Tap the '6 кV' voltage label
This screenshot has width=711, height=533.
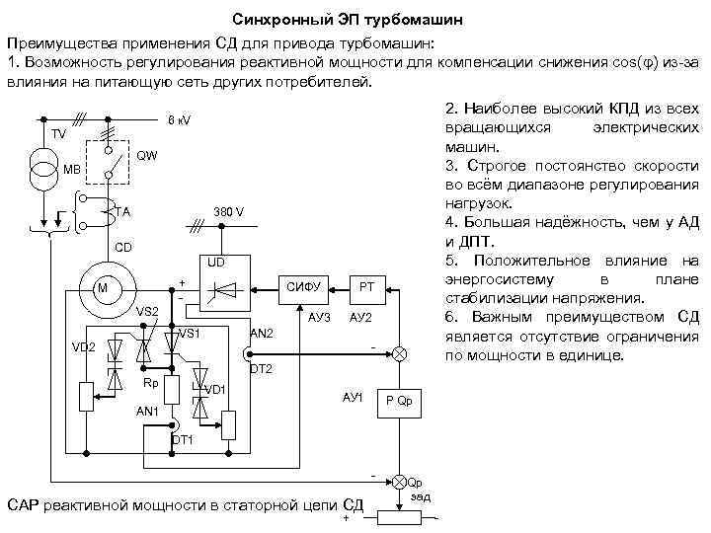click(x=179, y=120)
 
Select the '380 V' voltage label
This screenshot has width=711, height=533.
click(x=230, y=212)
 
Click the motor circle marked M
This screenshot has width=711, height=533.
click(x=100, y=287)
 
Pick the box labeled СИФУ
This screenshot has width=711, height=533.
click(x=306, y=286)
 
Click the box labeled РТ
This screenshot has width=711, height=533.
click(x=365, y=286)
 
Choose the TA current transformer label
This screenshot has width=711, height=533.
click(x=121, y=211)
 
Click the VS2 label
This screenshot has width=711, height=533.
click(x=147, y=312)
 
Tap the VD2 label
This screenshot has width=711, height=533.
click(x=83, y=348)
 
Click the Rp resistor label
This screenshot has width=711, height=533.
click(x=150, y=382)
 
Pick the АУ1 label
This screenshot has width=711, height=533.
click(x=353, y=397)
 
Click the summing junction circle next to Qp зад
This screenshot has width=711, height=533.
click(x=399, y=482)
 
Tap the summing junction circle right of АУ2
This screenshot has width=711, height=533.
click(x=399, y=353)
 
